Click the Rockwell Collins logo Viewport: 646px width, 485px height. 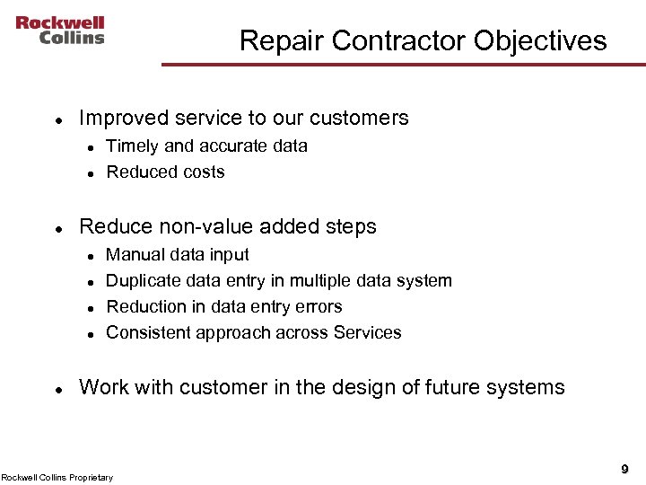(59, 30)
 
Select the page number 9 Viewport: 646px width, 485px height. (624, 469)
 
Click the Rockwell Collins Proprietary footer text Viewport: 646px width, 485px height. (57, 477)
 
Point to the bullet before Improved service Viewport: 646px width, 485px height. (57, 119)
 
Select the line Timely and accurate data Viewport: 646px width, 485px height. (206, 145)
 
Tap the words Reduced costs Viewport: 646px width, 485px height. (165, 172)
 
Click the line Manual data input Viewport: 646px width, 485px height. (178, 254)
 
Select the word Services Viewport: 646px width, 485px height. (367, 332)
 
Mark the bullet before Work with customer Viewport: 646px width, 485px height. (57, 389)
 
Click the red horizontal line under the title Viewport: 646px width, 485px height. (403, 64)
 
